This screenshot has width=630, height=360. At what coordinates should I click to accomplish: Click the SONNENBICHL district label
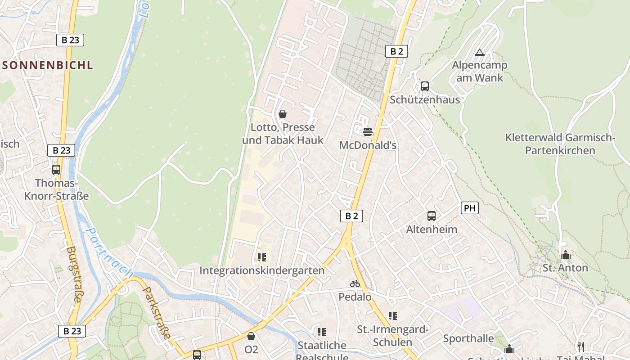click(x=47, y=65)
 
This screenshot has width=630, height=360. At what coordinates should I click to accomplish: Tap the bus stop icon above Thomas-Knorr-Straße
click(x=56, y=170)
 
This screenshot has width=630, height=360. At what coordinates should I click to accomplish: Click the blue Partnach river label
click(x=109, y=253)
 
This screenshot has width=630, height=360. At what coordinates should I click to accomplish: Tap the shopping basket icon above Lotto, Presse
click(x=283, y=114)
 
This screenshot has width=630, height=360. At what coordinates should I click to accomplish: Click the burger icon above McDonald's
click(x=368, y=132)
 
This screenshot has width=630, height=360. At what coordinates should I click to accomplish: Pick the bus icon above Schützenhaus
click(x=425, y=86)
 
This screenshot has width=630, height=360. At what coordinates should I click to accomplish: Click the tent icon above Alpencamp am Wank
click(x=480, y=52)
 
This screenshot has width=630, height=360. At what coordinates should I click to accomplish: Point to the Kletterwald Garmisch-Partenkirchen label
click(x=560, y=144)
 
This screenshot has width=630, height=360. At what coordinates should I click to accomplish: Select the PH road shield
click(x=469, y=208)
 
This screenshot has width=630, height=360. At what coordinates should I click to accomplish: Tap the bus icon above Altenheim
click(x=432, y=216)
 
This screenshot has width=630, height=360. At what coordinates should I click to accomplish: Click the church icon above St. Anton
click(x=566, y=255)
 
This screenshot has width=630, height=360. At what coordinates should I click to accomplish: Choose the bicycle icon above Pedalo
click(x=355, y=283)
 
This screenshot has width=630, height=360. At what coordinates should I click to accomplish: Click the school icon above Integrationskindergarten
click(x=262, y=257)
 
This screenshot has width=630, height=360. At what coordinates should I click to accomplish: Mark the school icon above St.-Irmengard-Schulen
click(x=393, y=316)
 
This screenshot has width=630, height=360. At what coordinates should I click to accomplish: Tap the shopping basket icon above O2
click(x=251, y=336)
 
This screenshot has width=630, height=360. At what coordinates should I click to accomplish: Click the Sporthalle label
click(x=468, y=338)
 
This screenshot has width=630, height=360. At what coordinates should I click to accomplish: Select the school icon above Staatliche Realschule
click(x=322, y=332)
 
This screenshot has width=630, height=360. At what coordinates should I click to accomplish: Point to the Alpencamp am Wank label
click(x=480, y=71)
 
